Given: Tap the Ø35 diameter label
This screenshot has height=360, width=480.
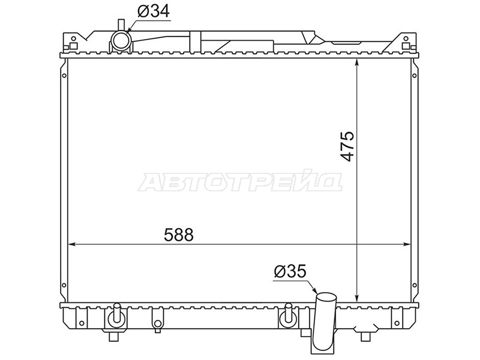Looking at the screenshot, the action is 290,271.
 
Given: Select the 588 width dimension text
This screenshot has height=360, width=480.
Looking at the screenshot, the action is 179,235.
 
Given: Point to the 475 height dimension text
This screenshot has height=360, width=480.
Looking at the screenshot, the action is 347,146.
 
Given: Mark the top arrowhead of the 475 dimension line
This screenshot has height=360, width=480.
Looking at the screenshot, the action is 356,62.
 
